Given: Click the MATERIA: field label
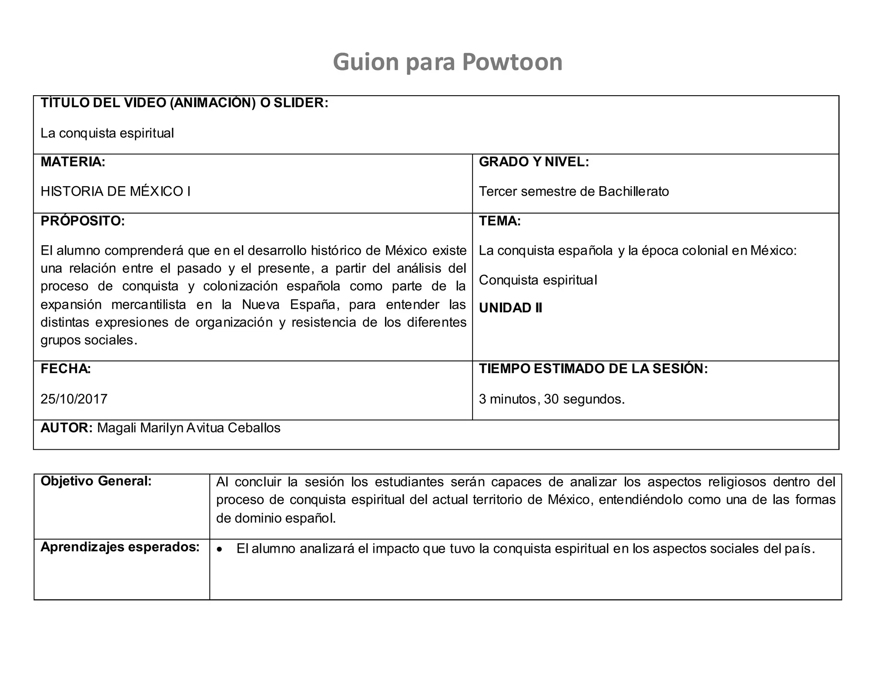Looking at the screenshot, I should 73,162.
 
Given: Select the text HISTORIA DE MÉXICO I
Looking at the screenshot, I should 115,191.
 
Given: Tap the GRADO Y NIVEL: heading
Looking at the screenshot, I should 534,162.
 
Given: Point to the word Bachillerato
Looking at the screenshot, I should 633,191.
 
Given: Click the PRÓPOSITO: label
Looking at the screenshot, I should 83,221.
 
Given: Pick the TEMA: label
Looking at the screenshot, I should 499,221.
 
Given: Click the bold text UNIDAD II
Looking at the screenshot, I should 510,308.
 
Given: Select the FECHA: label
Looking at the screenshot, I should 66,369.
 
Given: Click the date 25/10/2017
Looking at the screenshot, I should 74,399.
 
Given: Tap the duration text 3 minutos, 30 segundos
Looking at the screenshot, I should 552,399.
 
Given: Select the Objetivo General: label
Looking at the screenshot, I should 96,481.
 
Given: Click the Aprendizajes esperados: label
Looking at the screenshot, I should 120,547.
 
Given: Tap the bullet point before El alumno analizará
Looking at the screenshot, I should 220,550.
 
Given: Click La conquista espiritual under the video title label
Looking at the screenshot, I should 107,133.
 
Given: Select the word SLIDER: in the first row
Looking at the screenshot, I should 301,103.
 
